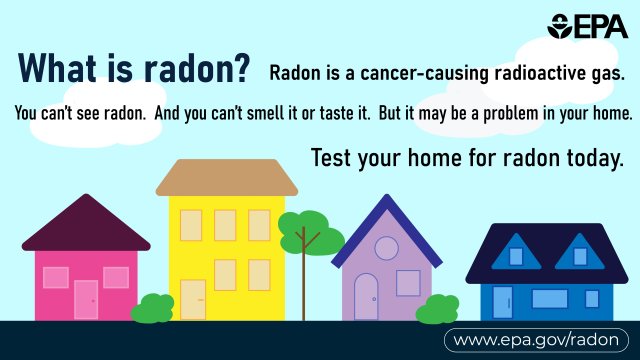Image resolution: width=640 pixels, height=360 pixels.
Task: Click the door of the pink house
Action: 86,299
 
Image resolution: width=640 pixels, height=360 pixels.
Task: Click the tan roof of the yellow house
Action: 226,177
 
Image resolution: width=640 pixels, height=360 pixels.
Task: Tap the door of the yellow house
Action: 192,299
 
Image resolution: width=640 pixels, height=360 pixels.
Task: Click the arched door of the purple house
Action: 366,296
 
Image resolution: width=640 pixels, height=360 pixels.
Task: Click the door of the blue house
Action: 503,302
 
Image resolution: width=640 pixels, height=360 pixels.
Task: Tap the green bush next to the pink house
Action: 153,308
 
